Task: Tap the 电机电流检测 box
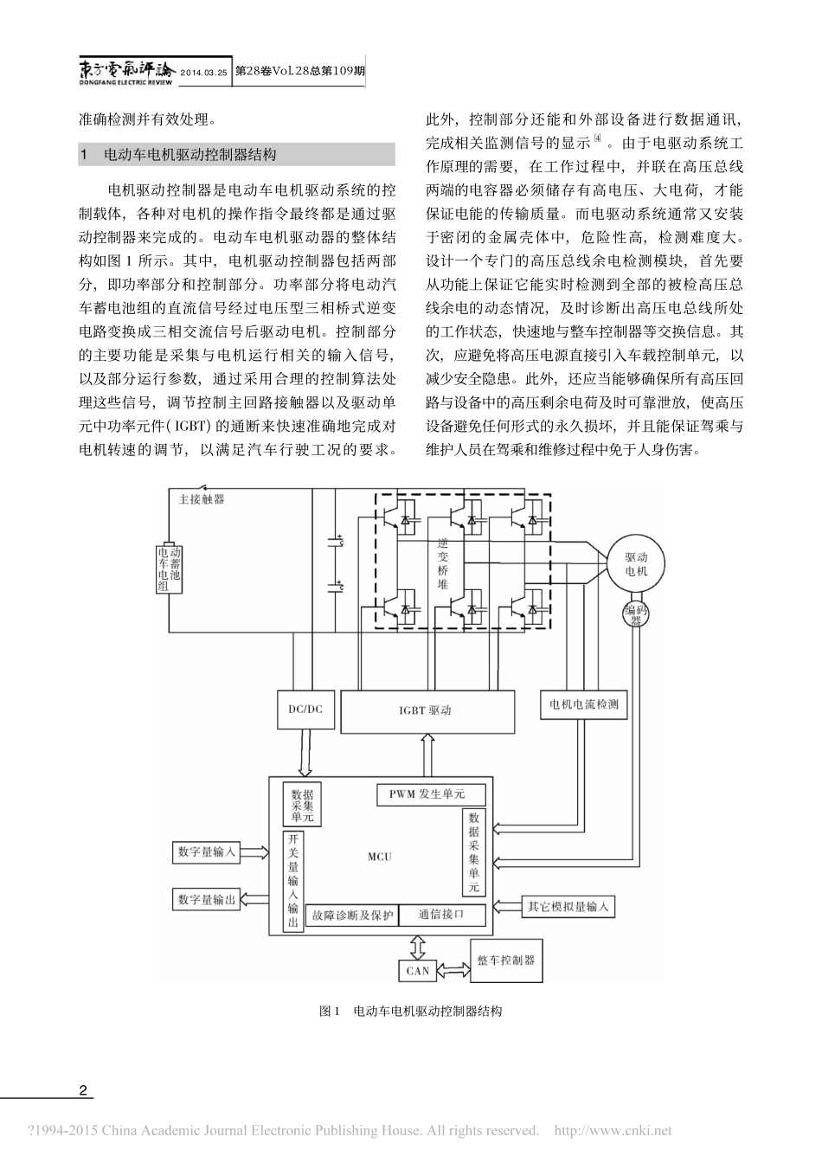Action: click(584, 704)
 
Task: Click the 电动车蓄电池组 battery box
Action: click(169, 568)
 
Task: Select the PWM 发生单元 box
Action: click(431, 794)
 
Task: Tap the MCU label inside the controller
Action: click(379, 857)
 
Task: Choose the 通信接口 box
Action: click(441, 914)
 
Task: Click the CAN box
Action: click(418, 970)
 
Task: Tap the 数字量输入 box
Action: click(207, 852)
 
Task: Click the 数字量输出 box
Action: click(207, 900)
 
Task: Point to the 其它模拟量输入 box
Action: click(568, 907)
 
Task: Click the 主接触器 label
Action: click(202, 499)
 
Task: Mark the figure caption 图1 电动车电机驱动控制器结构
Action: click(410, 1011)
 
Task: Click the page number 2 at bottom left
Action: click(83, 1089)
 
